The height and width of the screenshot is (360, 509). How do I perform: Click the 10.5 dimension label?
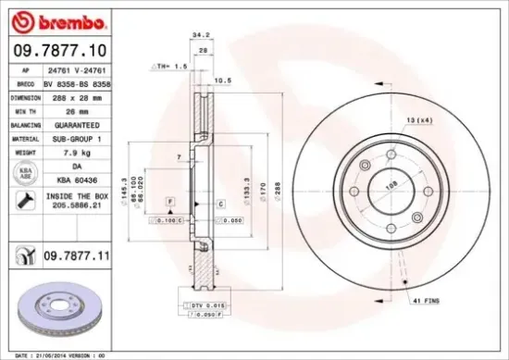pyautogui.click(x=222, y=81)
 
